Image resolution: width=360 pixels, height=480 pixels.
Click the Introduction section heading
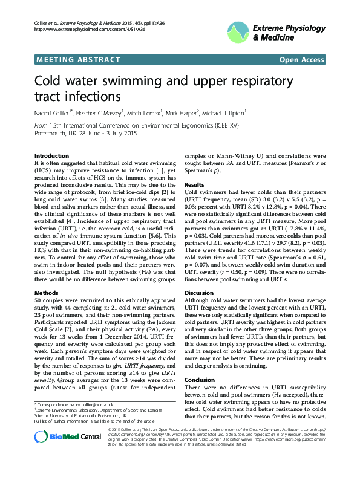51,155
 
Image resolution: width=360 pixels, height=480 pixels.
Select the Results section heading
194,184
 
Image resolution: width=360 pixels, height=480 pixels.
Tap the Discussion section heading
199,293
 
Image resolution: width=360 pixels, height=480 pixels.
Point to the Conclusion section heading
200,380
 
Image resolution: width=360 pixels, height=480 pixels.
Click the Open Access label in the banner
301,60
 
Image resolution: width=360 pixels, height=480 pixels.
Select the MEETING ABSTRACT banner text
68,60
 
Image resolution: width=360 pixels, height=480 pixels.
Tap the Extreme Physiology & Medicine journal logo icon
238,31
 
